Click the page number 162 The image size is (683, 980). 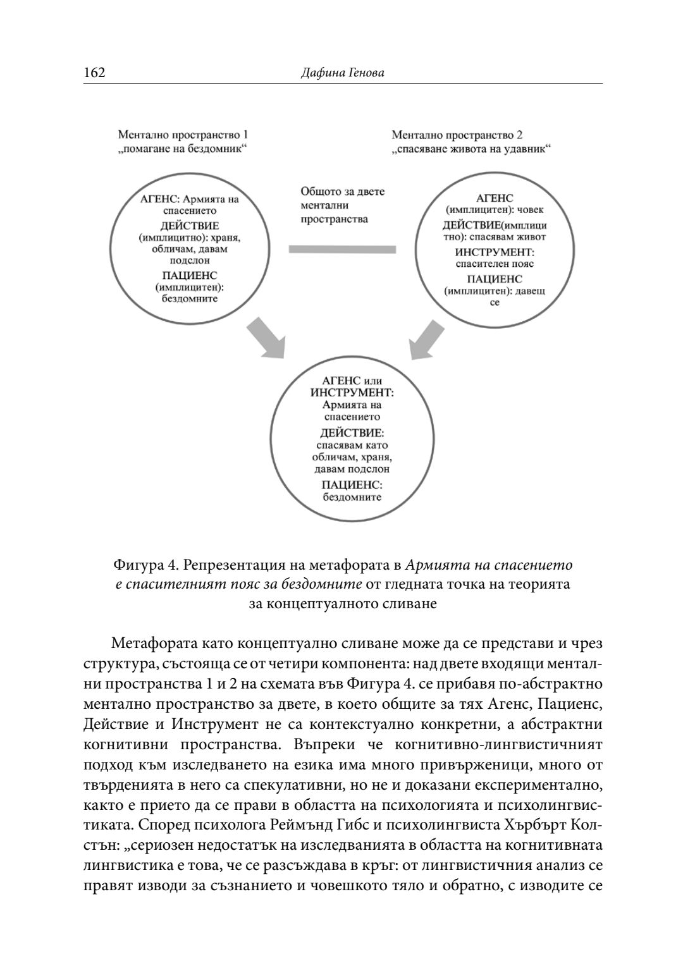click(94, 73)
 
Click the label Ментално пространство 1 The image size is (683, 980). click(183, 135)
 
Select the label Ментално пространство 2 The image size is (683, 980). click(457, 135)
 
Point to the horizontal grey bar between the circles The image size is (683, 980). click(342, 249)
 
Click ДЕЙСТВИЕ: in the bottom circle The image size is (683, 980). click(352, 433)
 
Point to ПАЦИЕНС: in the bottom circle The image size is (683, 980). click(352, 485)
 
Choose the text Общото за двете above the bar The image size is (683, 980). click(342, 192)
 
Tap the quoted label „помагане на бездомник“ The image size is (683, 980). click(183, 149)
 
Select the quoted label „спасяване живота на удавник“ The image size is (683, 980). click(471, 149)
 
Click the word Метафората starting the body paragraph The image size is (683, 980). click(148, 644)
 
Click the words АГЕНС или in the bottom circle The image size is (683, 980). click(352, 381)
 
